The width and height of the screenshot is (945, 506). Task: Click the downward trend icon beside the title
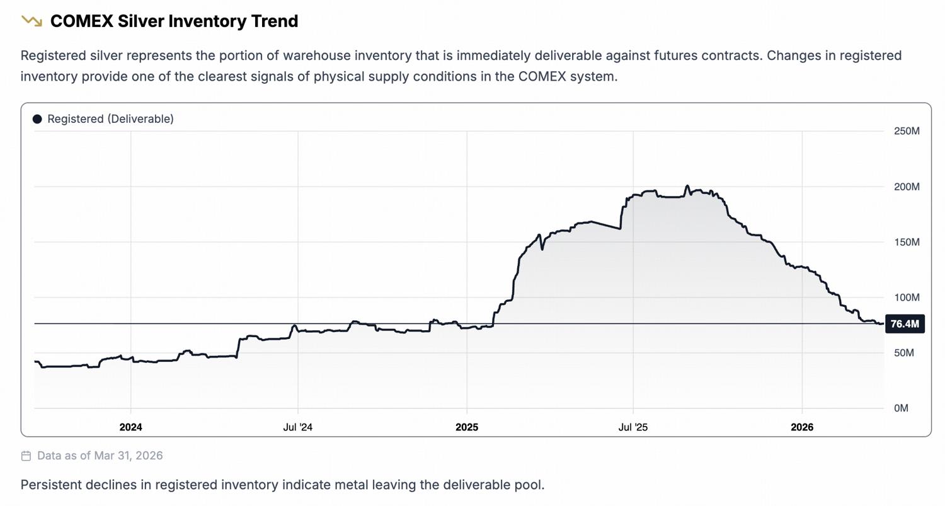coord(31,21)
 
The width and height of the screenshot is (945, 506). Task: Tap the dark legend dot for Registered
coord(37,119)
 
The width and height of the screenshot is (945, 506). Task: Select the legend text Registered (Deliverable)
coord(110,119)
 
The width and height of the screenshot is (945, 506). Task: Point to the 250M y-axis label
coord(907,131)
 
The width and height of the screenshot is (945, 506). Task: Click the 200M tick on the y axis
coord(907,187)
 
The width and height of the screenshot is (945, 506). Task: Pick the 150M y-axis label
coord(907,242)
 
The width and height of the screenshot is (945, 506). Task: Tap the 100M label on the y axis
coord(907,297)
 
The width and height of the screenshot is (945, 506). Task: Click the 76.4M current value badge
coord(905,324)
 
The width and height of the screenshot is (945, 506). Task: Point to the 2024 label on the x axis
coord(130,427)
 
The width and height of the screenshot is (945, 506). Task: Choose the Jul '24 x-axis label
coord(298,427)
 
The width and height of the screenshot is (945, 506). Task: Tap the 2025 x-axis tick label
coord(467,427)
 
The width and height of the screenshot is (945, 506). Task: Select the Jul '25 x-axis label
coord(633,427)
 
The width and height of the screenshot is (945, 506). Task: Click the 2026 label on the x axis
coord(802,427)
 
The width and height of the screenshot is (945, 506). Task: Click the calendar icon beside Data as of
coord(26,456)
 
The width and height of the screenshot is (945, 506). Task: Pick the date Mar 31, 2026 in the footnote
coord(129,456)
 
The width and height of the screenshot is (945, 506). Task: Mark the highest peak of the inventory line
coord(687,186)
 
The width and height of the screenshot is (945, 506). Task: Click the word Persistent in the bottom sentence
coord(48,485)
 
